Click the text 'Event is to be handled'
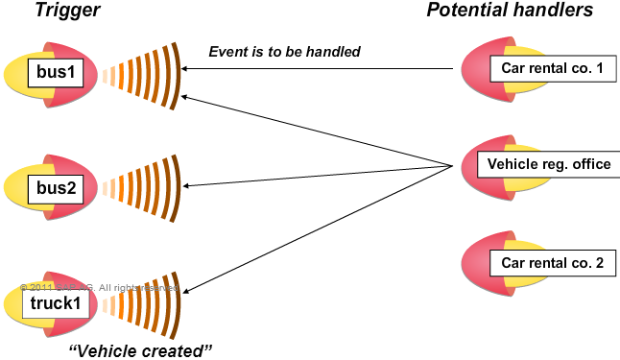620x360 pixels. (284, 51)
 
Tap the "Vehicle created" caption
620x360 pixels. (141, 349)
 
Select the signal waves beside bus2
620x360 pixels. (144, 188)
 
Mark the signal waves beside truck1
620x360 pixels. (144, 303)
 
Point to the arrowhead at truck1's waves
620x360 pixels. (186, 289)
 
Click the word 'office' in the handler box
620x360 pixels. (590, 164)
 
